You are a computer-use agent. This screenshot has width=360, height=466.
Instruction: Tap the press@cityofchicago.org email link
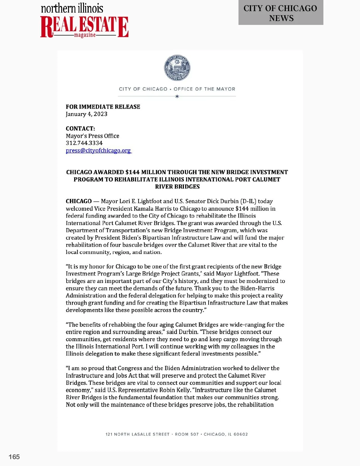pyautogui.click(x=98, y=150)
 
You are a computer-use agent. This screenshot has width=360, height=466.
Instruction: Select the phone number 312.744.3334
pyautogui.click(x=84, y=143)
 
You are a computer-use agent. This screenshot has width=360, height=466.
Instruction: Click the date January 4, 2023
pyautogui.click(x=86, y=114)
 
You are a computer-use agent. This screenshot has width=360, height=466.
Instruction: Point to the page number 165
pyautogui.click(x=14, y=457)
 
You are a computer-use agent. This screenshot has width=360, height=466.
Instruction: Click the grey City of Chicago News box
pyautogui.click(x=280, y=13)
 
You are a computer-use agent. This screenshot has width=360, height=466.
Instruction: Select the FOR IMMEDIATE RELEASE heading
pyautogui.click(x=103, y=107)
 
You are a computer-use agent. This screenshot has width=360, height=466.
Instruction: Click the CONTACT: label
pyautogui.click(x=80, y=128)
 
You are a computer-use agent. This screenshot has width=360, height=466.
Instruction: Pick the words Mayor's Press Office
pyautogui.click(x=92, y=136)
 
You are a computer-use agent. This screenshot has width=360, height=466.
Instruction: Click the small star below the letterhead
pyautogui.click(x=177, y=96)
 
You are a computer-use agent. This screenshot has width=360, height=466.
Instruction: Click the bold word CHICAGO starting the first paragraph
pyautogui.click(x=79, y=201)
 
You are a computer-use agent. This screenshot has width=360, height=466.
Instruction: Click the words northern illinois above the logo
pyautogui.click(x=72, y=8)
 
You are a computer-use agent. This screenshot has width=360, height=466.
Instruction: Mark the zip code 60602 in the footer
pyautogui.click(x=241, y=434)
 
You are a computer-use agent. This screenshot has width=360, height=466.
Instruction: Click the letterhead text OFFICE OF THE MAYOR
pyautogui.click(x=204, y=89)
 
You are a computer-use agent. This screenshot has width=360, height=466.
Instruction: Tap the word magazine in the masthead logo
pyautogui.click(x=85, y=35)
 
